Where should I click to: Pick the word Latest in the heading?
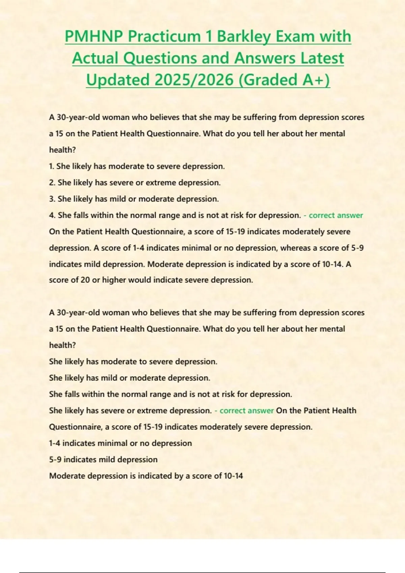point(322,58)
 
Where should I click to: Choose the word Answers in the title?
point(265,58)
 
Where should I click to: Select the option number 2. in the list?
point(52,183)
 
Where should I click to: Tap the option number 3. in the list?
point(52,199)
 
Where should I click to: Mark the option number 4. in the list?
point(52,215)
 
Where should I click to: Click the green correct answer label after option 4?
point(336,215)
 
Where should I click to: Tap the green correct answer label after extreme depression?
point(246,411)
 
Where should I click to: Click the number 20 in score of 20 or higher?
point(85,280)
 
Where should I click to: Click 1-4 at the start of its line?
point(55,443)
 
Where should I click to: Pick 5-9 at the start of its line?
point(55,460)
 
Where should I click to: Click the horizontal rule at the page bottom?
point(202,572)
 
